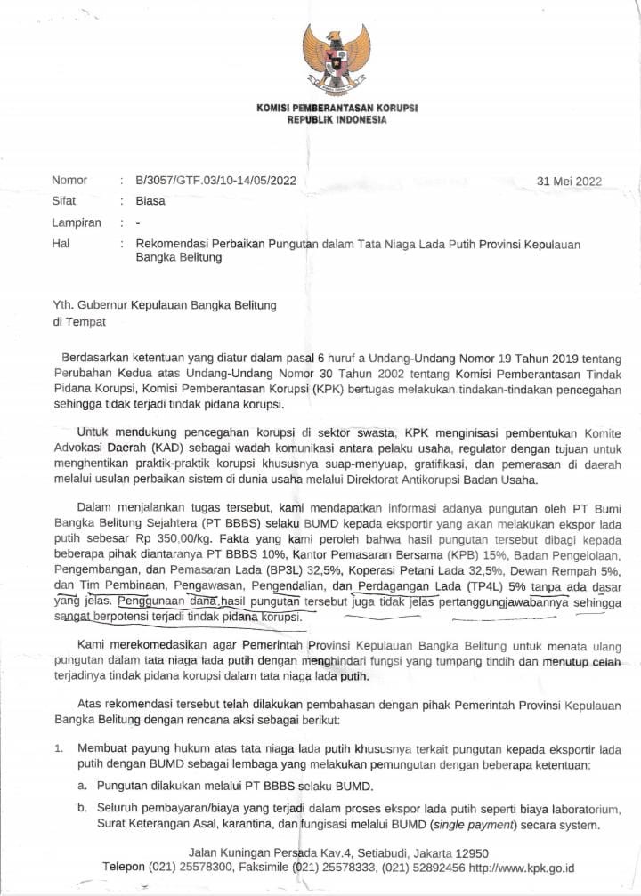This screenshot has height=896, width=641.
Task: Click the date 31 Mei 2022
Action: (x=570, y=182)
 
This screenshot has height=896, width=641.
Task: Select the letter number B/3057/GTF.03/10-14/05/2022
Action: (x=215, y=182)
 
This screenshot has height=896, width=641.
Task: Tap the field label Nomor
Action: (x=69, y=182)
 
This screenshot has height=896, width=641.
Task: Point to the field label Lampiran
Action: (x=77, y=222)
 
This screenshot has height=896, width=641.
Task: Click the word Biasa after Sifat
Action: (x=150, y=201)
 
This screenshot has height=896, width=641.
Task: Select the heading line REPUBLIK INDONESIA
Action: (x=337, y=120)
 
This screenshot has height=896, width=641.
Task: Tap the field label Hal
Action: (x=61, y=244)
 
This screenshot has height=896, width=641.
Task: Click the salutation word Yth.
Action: (x=64, y=305)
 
